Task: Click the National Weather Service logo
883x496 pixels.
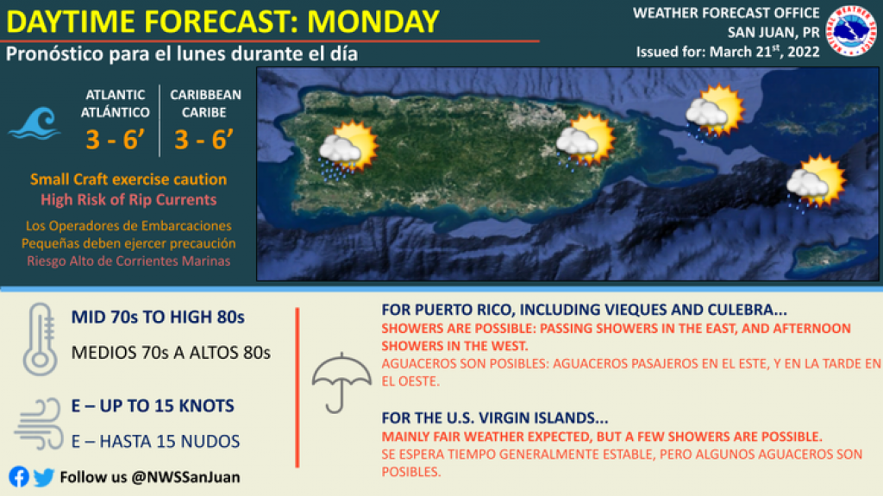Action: click(851, 31)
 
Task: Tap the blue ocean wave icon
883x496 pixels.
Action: click(34, 123)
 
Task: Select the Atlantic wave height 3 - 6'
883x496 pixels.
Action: click(115, 140)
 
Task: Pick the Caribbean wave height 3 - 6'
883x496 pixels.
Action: click(204, 140)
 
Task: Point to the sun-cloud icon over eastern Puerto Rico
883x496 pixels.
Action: click(586, 141)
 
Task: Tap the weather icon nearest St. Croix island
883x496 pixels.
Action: click(816, 182)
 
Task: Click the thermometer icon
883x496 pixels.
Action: click(40, 339)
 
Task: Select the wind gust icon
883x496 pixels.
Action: click(38, 424)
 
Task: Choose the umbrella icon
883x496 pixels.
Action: click(341, 383)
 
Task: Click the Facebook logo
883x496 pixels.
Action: click(19, 477)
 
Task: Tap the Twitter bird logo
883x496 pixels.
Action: click(44, 477)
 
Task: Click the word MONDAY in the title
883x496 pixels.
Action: click(373, 22)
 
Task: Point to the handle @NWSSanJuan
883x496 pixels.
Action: click(186, 477)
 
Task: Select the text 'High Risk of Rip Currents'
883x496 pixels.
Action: click(128, 199)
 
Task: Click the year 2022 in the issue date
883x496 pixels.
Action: click(804, 52)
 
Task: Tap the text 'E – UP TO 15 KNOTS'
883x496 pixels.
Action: click(153, 405)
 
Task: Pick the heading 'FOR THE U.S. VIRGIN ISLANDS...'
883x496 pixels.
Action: click(494, 418)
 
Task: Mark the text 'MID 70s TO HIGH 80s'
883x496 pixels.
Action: click(158, 317)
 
